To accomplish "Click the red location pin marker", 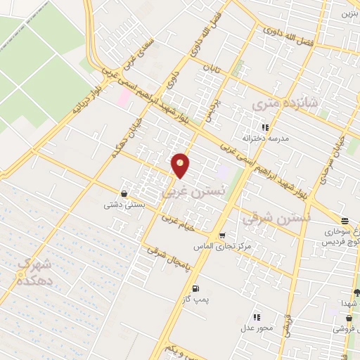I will (181, 165).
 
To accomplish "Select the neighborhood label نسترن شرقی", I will (266, 217).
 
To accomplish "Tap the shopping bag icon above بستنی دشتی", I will (124, 193).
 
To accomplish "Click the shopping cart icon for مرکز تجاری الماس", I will (222, 236).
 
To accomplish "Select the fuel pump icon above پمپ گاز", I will (195, 288).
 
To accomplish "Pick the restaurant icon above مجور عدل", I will (257, 318).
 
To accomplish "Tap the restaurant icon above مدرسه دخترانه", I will (265, 127).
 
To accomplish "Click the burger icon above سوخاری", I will (344, 220).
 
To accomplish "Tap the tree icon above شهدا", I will (356, 292).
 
